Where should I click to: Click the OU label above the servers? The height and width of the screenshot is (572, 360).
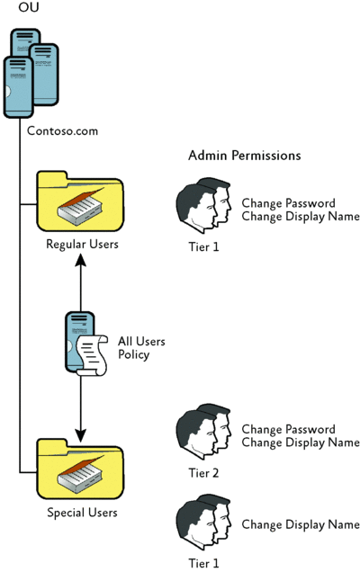[x=29, y=6]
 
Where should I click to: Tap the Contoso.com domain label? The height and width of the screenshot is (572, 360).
[x=62, y=130]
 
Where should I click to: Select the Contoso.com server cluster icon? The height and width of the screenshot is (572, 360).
[x=31, y=74]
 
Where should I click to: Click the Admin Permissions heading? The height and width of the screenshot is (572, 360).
[x=245, y=156]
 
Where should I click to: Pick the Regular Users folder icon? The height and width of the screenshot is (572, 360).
[x=80, y=201]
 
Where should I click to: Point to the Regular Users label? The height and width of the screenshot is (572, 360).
[x=82, y=244]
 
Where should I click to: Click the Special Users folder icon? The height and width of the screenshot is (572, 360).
[x=80, y=469]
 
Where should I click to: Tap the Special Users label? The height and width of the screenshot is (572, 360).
[x=82, y=513]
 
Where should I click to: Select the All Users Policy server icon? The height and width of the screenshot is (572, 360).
[x=86, y=344]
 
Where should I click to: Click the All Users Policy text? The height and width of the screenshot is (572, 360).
[x=141, y=348]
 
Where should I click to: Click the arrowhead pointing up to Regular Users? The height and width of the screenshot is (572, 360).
[x=81, y=260]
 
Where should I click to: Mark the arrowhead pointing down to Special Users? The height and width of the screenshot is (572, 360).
[x=81, y=435]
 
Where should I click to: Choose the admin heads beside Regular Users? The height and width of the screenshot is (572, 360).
[x=203, y=206]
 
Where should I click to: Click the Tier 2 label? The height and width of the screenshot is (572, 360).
[x=203, y=473]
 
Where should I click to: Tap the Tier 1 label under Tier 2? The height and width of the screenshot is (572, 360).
[x=203, y=563]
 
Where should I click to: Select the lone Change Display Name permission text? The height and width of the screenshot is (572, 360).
[x=301, y=524]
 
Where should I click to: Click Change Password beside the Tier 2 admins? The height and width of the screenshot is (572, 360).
[x=288, y=429]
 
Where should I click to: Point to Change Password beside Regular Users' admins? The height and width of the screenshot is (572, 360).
[x=288, y=203]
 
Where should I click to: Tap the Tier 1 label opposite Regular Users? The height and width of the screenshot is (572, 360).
[x=203, y=247]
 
